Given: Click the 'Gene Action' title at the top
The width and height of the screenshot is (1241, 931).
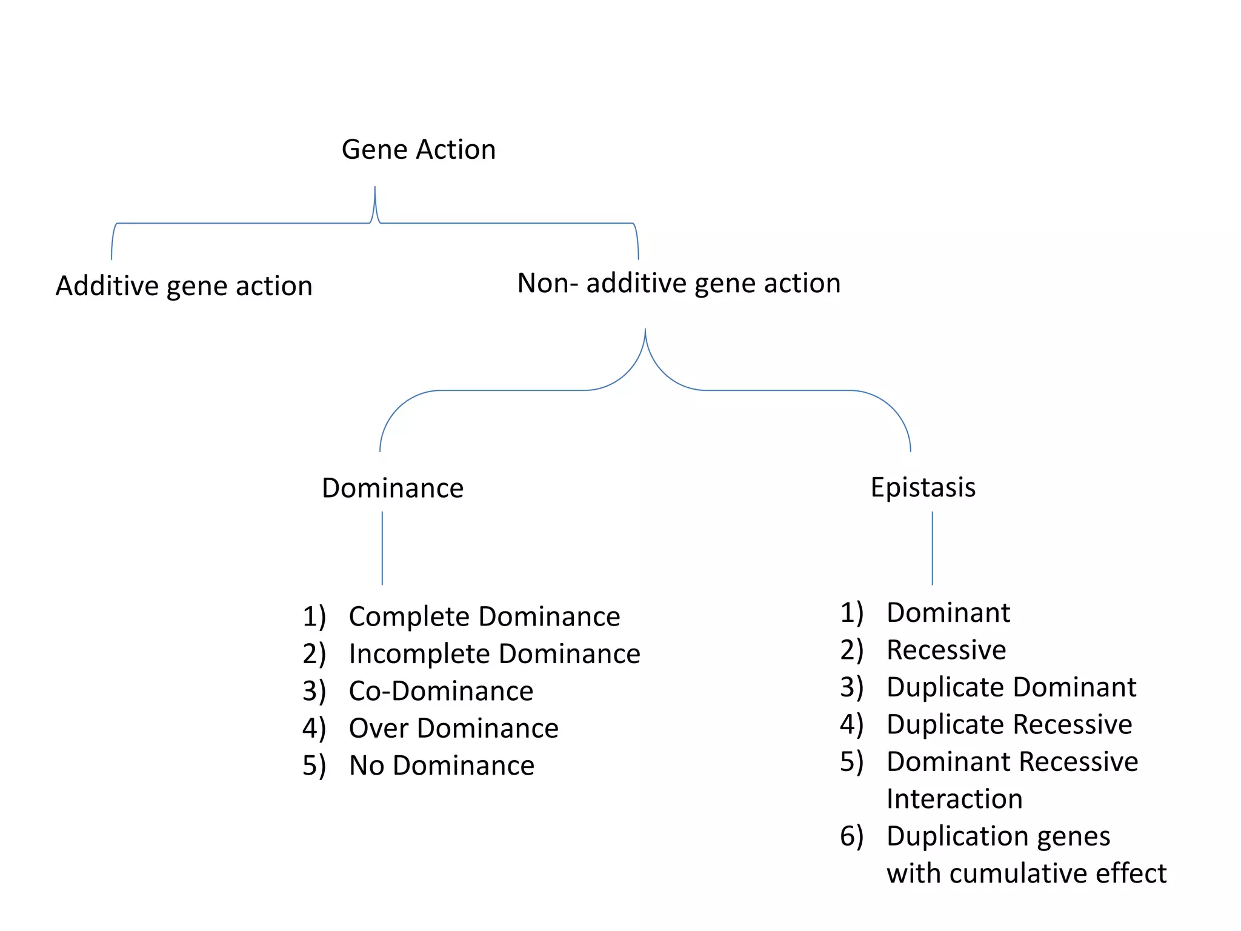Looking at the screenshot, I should click(419, 150).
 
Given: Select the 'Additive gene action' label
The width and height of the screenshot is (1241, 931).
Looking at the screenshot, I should click(184, 285).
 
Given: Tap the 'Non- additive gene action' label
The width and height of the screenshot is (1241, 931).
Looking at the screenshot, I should click(679, 283).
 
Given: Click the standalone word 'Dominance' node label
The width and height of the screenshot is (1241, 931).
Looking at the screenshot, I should click(393, 488).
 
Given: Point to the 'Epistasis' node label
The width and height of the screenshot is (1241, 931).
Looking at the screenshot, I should click(923, 487).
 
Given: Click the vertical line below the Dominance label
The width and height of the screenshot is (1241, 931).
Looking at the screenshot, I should click(382, 548).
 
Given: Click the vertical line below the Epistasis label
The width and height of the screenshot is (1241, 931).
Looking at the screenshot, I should click(932, 548).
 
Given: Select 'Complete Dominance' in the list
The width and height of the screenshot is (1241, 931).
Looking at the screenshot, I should click(484, 616).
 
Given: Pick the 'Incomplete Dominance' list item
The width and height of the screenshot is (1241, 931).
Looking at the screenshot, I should click(494, 654).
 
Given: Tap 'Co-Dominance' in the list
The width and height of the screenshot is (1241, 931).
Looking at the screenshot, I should click(441, 691).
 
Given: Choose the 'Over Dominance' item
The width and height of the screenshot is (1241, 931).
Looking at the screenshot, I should click(453, 728).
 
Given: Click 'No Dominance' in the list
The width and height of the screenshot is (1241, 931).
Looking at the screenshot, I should click(442, 766).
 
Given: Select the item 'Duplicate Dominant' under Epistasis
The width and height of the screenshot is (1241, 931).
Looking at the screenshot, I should click(1011, 687).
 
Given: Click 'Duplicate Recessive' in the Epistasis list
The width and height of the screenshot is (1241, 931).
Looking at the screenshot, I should click(1009, 724).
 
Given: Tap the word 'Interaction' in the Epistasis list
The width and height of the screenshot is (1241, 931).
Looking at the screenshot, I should click(954, 799).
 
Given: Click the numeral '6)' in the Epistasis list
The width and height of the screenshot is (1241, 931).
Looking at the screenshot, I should click(851, 836).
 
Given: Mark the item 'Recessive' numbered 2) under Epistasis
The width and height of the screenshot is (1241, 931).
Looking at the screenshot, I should click(946, 650).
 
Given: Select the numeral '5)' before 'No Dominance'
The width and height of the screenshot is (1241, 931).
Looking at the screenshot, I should click(314, 766).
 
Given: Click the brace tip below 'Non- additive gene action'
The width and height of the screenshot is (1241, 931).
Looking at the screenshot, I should click(645, 332).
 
